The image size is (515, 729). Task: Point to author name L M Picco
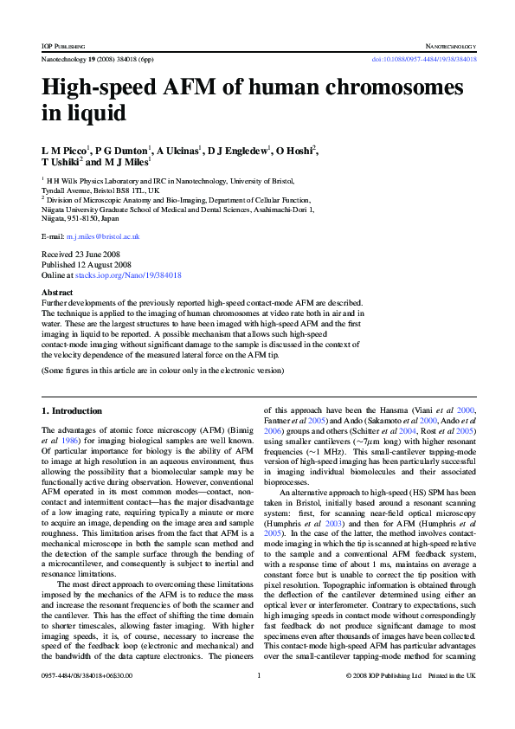[67, 151]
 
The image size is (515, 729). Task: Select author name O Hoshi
[291, 151]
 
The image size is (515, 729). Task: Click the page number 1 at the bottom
[259, 699]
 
